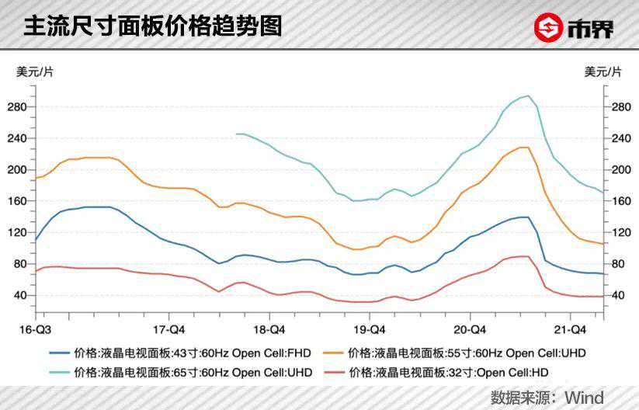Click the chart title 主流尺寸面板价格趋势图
tap(152, 27)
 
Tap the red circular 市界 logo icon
tap(548, 28)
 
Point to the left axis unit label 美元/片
tap(36, 72)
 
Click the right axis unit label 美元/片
tap(603, 72)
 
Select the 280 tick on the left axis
tap(16, 106)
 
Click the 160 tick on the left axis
tap(16, 201)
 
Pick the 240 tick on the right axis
tap(621, 138)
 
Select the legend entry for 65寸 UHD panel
tap(182, 373)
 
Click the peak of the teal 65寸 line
tap(528, 96)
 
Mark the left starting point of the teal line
tap(236, 134)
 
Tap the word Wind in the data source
tap(584, 398)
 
